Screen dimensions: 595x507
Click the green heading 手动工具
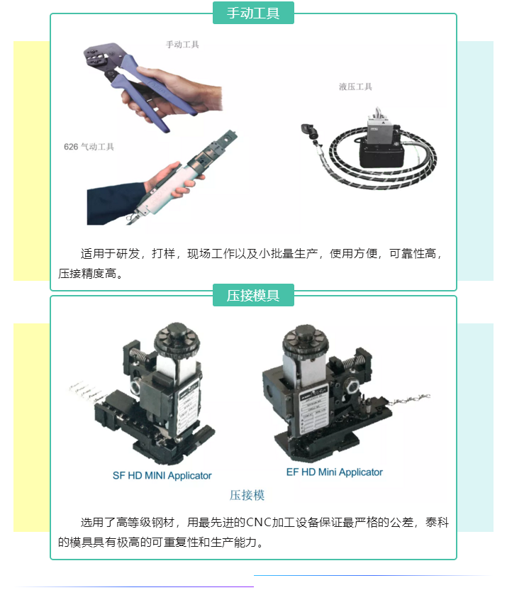[253, 13]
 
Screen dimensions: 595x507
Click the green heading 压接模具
[253, 296]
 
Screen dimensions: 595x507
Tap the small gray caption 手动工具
[183, 44]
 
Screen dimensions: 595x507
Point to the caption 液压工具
[355, 87]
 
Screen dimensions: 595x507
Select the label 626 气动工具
[89, 147]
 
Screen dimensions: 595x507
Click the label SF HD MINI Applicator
[162, 475]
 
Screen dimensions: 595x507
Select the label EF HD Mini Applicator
[335, 472]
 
